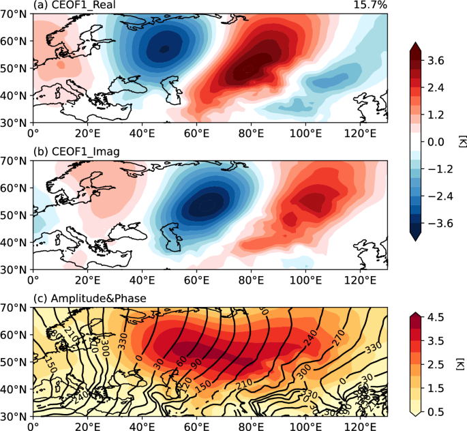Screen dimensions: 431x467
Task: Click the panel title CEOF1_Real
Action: tap(75, 6)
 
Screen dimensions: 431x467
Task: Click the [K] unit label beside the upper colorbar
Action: tap(460, 141)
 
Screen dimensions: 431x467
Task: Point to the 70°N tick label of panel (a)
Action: tap(15, 14)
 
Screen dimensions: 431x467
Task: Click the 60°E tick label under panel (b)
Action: tap(196, 279)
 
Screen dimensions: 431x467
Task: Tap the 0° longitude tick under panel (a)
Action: tap(33, 132)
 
